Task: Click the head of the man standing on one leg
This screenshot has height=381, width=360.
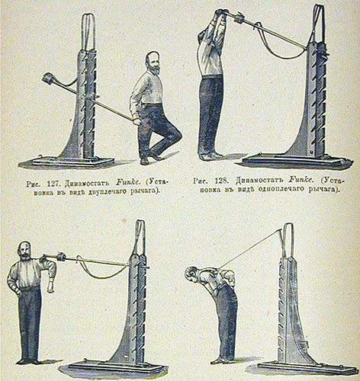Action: point(153,62)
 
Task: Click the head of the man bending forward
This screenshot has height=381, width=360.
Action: point(192,275)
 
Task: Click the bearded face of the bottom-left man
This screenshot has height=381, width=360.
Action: point(25,251)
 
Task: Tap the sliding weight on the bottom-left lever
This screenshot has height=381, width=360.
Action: point(62,257)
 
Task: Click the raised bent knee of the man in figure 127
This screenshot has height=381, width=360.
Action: point(177,134)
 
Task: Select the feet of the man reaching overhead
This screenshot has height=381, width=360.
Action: point(210,155)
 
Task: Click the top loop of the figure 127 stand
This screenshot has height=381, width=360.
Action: point(88,30)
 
